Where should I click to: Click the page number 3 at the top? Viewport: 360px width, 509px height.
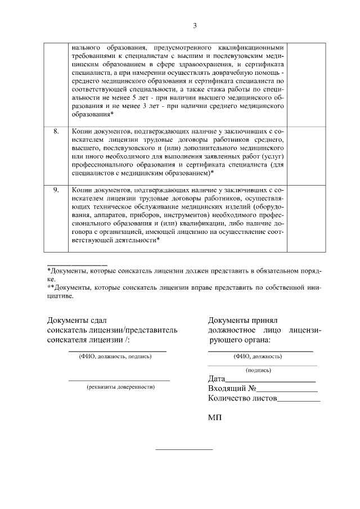pos(195,25)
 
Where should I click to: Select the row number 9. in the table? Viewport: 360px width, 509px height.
pos(56,190)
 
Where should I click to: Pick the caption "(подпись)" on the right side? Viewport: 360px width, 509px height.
pos(258,370)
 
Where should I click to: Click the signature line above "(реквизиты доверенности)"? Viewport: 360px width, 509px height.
pos(119,381)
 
